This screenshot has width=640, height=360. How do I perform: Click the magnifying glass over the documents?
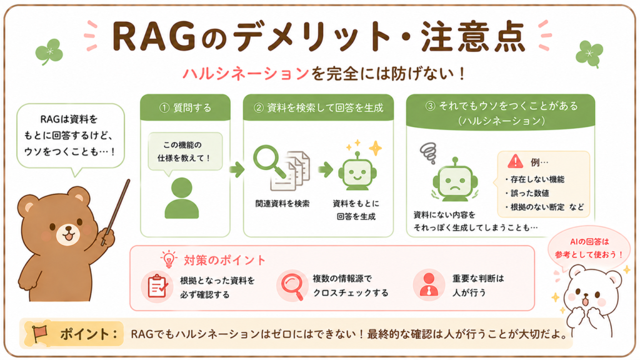(267, 159)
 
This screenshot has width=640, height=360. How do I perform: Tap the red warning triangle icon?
(515, 162)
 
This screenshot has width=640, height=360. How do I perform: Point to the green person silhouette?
(182, 198)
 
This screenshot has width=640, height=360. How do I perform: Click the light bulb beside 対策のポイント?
(168, 259)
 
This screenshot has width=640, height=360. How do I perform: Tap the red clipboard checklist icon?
(157, 286)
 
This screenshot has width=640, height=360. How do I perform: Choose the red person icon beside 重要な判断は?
(429, 284)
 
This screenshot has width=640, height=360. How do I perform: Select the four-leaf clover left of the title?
(49, 52)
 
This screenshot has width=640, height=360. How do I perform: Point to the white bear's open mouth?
(585, 302)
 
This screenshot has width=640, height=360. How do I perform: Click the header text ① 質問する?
(185, 107)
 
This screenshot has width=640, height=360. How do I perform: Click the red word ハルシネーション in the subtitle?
(245, 74)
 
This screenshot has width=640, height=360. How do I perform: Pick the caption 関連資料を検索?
(282, 203)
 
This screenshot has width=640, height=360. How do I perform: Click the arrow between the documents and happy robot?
(326, 169)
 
